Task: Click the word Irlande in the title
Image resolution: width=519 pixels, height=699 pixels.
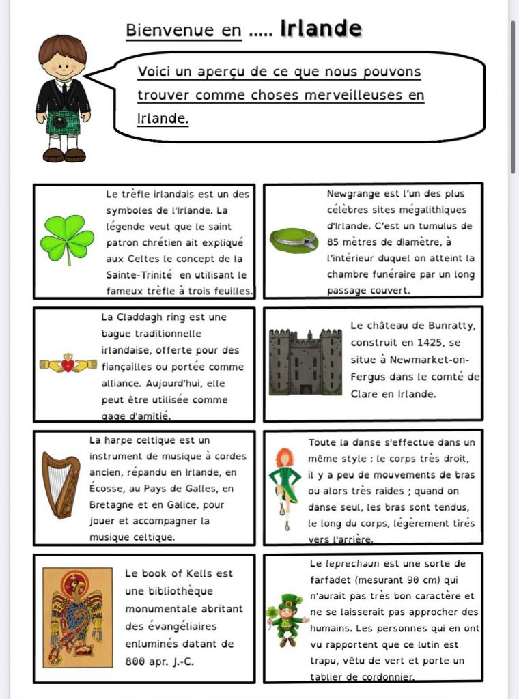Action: pyautogui.click(x=320, y=29)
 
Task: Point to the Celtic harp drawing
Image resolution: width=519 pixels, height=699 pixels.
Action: pyautogui.click(x=61, y=485)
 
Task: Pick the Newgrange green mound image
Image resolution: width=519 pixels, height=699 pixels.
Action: pyautogui.click(x=294, y=239)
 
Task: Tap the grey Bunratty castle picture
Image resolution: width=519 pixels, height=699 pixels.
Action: pyautogui.click(x=305, y=362)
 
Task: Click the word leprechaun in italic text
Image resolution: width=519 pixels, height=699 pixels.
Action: pyautogui.click(x=361, y=564)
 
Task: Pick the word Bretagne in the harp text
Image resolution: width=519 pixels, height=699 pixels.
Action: pyautogui.click(x=113, y=505)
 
